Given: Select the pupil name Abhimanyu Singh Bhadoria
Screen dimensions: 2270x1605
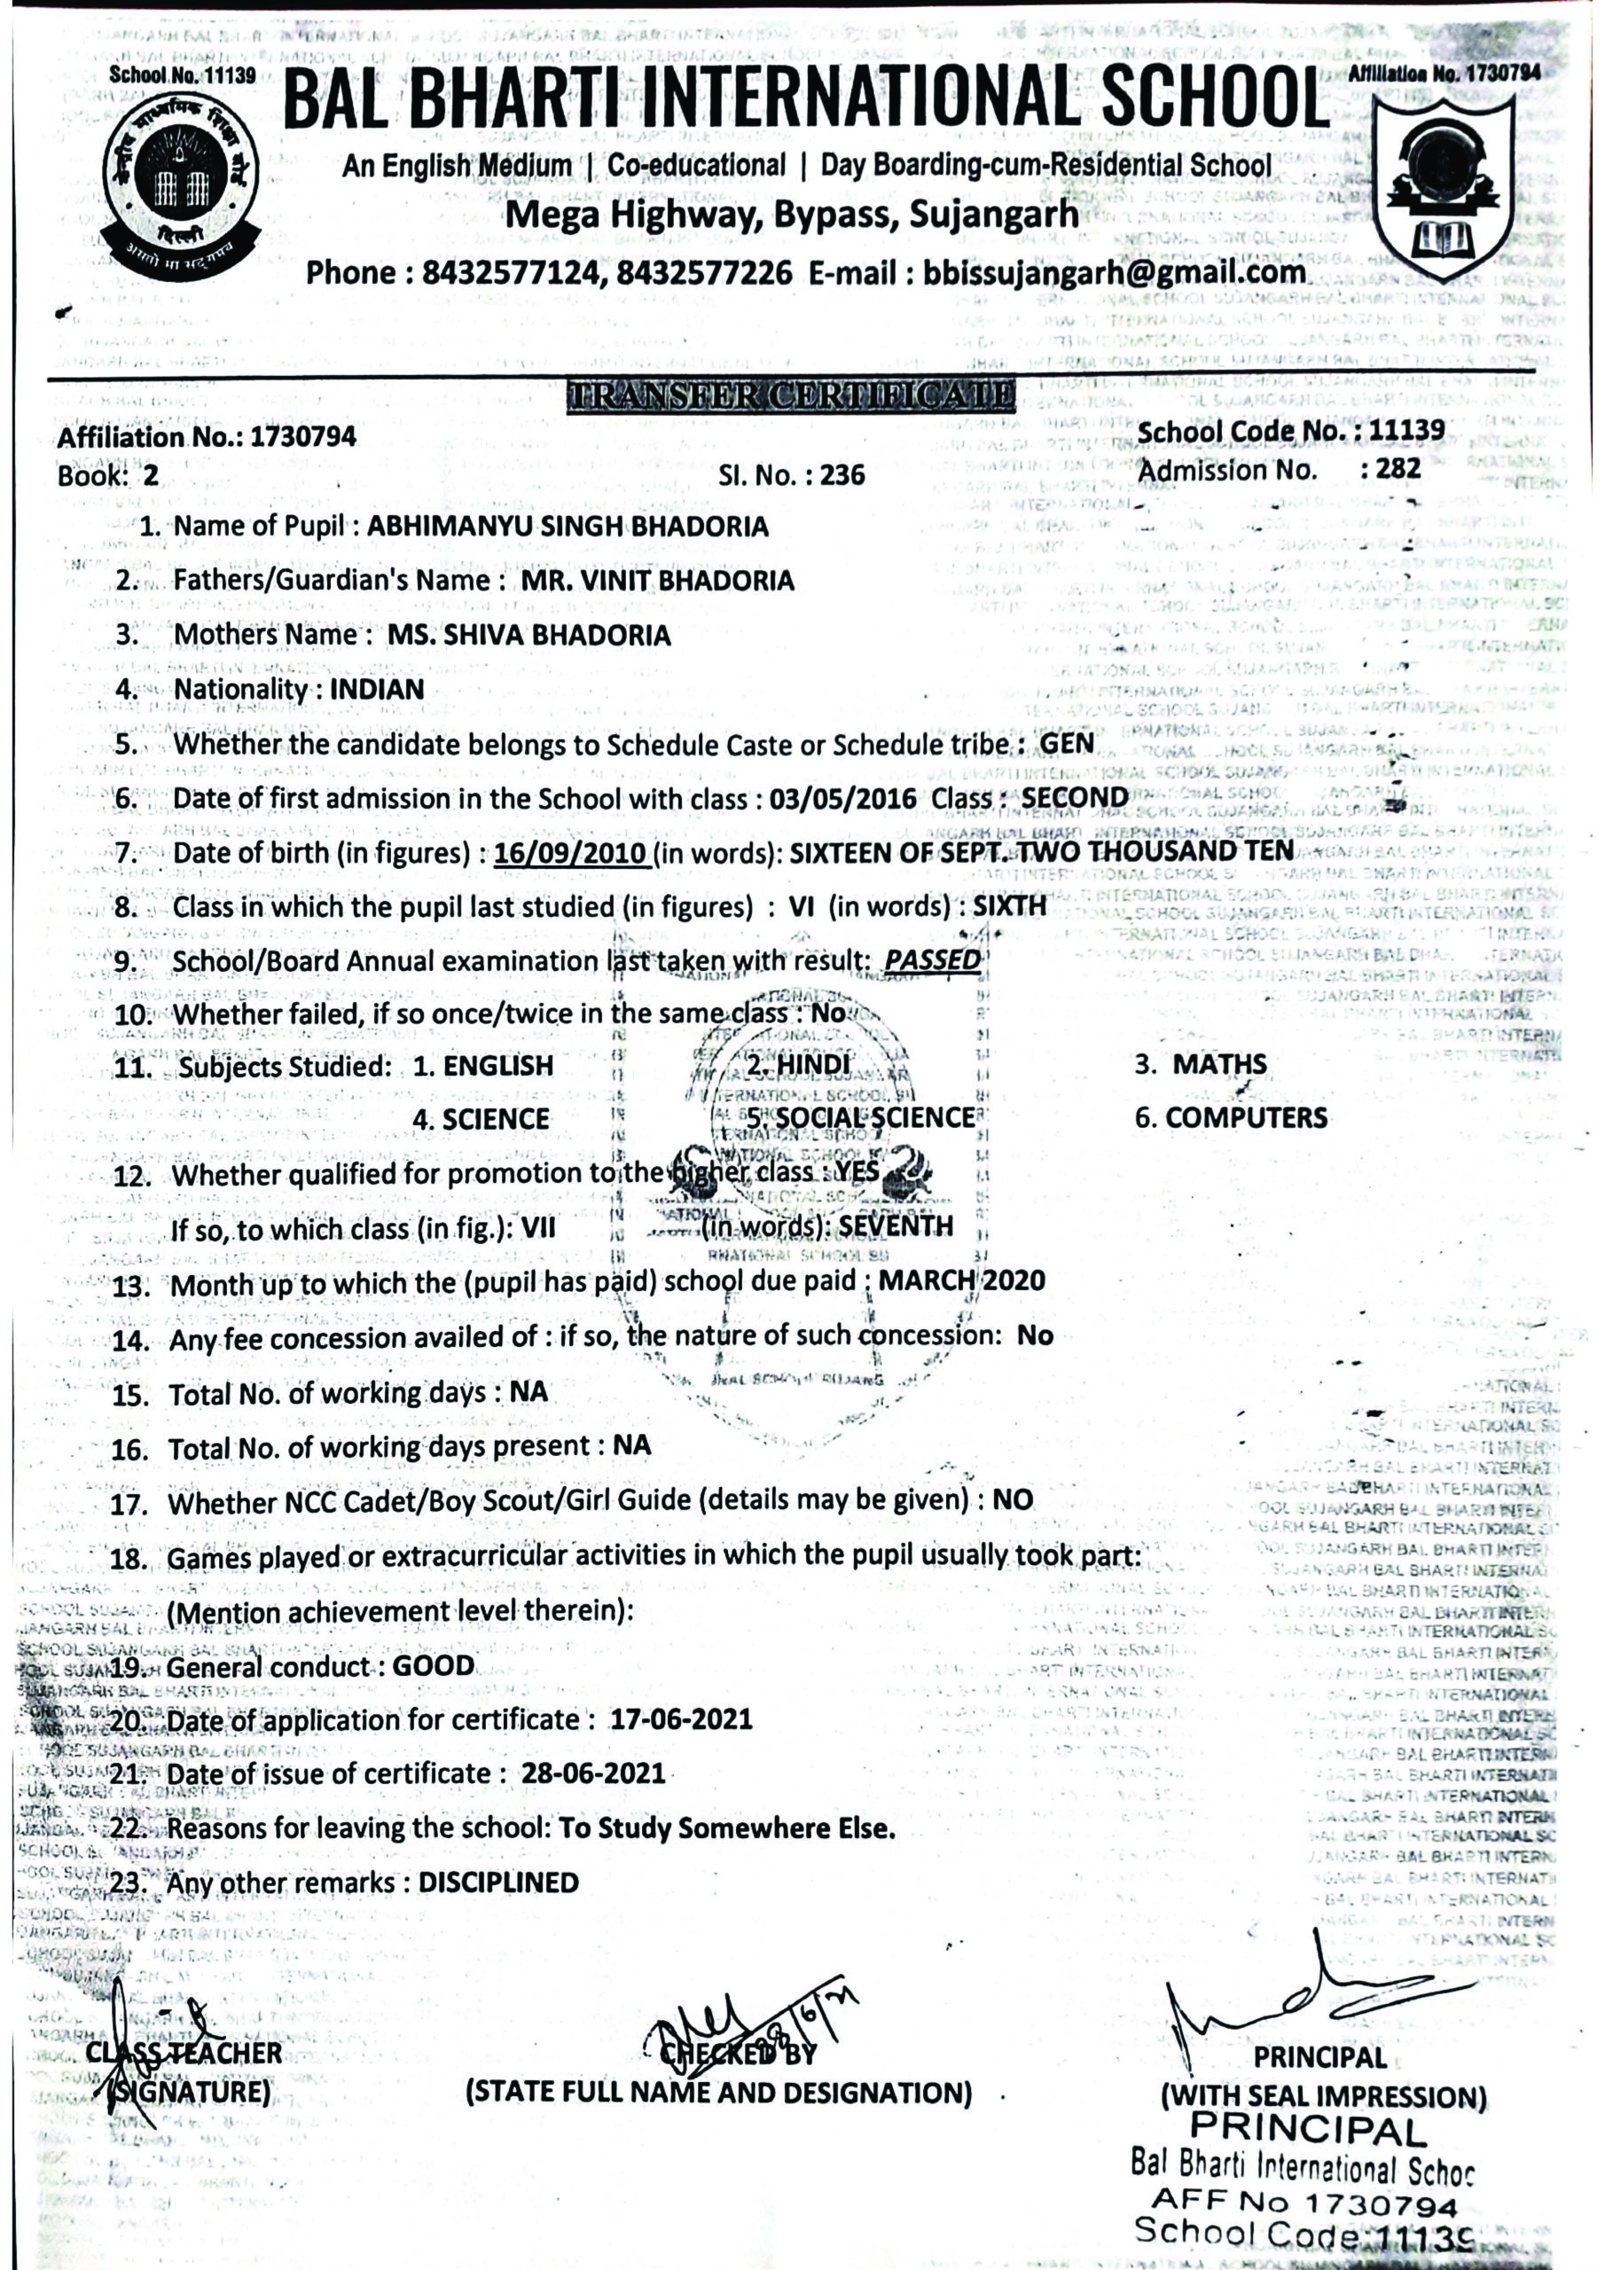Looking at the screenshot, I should (567, 526).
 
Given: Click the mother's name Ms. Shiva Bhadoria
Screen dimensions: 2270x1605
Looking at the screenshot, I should (529, 635).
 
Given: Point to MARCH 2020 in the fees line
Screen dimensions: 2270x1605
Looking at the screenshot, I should (961, 1281).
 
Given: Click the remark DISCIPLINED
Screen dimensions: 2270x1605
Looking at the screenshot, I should (498, 1883).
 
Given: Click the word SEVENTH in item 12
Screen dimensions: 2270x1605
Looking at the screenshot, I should (896, 1227).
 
